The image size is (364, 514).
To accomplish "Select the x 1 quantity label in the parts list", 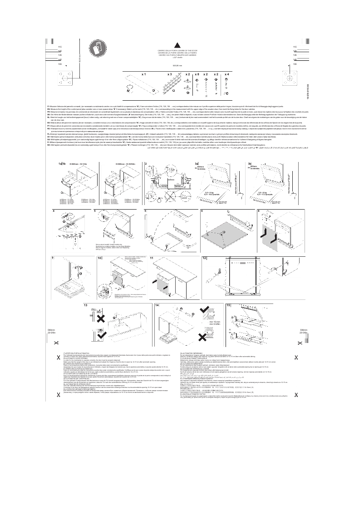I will point(144,73).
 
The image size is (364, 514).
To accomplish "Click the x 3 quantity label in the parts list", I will point(169,73).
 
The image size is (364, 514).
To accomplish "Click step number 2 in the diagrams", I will point(146,163).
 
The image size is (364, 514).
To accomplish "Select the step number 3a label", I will point(197,163).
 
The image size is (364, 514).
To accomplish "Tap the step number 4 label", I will point(54,211).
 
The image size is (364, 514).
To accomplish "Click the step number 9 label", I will point(54,258).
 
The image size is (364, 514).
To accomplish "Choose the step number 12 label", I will point(204,258).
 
